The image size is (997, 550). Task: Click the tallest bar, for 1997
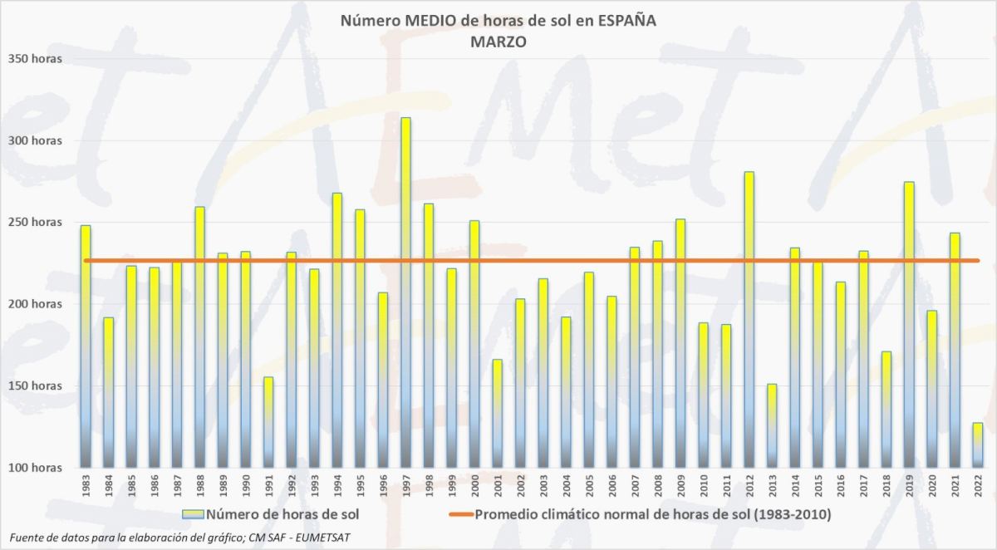click(405, 292)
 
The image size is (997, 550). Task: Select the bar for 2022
click(978, 445)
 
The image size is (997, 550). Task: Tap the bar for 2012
click(749, 320)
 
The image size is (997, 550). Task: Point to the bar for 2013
click(772, 425)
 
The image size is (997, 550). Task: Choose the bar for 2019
click(909, 324)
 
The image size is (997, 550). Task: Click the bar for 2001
click(498, 413)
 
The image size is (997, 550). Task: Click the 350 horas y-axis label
click(35, 59)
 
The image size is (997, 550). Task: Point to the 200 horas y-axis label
click(35, 304)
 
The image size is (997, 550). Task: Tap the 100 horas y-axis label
click(35, 468)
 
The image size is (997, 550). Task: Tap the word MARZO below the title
click(498, 42)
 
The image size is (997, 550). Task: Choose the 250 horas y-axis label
click(35, 223)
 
